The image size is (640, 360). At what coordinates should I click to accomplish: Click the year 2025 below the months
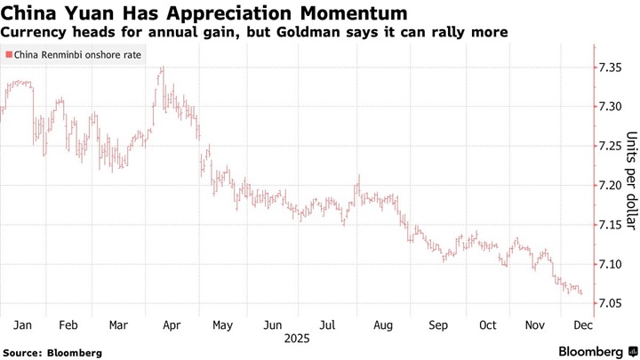[x=295, y=339]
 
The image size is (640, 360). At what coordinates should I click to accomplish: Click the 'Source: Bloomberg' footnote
[x=52, y=352]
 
